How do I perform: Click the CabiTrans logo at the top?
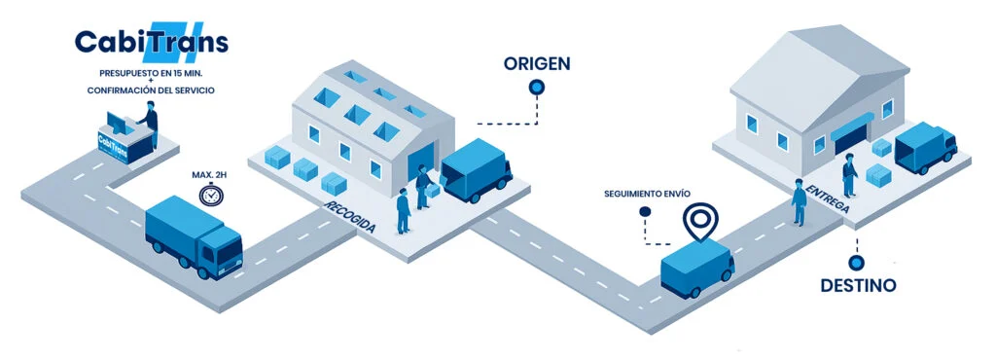click(151, 41)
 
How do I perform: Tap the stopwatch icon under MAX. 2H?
click(210, 194)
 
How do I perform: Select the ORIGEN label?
click(537, 63)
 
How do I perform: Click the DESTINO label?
click(858, 285)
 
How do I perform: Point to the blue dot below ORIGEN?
click(537, 87)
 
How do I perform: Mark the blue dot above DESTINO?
click(856, 262)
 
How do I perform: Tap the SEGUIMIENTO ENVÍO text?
click(647, 193)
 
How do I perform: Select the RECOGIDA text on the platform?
click(350, 216)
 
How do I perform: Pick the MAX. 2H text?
click(210, 174)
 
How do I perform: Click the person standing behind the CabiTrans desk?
click(150, 124)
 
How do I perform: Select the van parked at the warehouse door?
click(477, 170)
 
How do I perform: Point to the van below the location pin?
click(697, 268)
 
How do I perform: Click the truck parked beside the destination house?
click(925, 147)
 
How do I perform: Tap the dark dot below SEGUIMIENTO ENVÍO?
click(645, 211)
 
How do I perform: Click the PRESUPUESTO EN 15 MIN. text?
click(151, 72)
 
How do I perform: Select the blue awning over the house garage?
click(852, 126)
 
